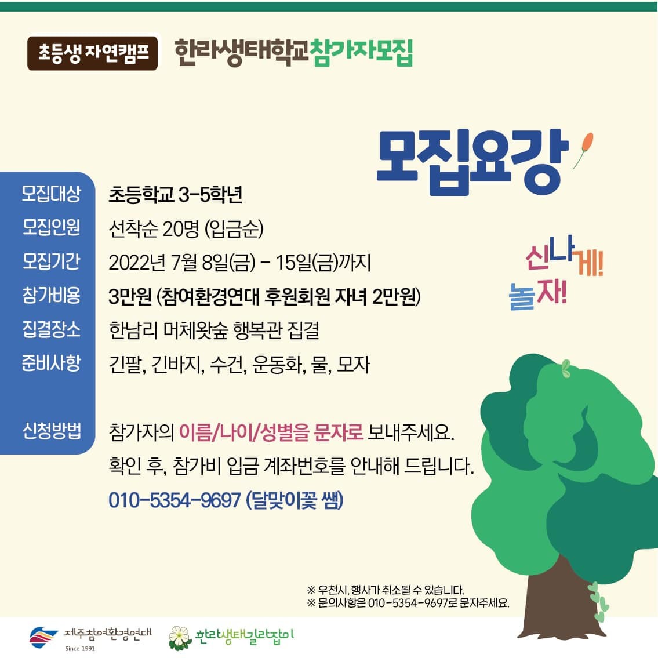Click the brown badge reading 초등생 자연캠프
click(92, 53)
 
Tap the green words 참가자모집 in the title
click(361, 52)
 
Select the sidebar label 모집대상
click(51, 194)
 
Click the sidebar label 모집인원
click(51, 227)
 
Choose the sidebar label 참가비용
click(51, 295)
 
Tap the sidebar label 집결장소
click(51, 329)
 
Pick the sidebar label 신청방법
click(52, 431)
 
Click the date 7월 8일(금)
click(213, 263)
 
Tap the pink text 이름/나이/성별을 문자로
click(271, 432)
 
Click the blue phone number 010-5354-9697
click(175, 500)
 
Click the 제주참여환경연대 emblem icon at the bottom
click(43, 637)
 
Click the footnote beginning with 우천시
click(386, 590)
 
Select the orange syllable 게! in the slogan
click(590, 264)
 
